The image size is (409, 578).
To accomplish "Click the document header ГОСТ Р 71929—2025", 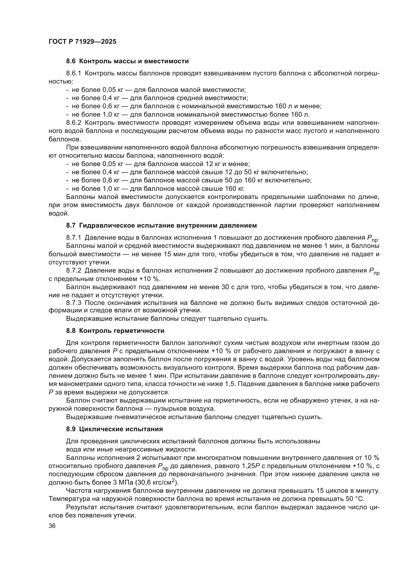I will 82,42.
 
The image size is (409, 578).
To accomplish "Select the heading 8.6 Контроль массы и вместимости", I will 127,61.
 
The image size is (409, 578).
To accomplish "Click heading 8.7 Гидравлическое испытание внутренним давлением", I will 161,226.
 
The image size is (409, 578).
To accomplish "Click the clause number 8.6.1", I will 73,73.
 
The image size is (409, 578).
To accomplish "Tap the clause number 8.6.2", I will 73,123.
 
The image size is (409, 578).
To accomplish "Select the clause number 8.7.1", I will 73,238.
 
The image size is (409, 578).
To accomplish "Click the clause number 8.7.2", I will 73,271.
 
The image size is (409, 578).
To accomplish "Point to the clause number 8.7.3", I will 73,303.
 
